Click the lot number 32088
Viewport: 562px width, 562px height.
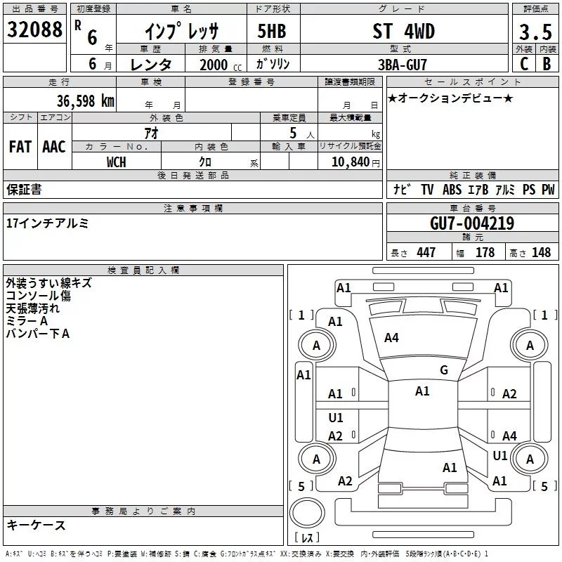tap(34, 31)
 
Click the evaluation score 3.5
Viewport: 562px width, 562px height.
tap(535, 32)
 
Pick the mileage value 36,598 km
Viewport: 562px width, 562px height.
tap(85, 101)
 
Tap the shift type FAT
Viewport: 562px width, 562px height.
tap(20, 146)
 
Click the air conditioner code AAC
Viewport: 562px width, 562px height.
tap(54, 146)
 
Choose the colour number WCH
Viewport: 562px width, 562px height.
tap(117, 162)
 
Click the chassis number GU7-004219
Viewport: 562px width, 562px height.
tap(471, 223)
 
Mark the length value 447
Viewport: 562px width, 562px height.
tap(426, 253)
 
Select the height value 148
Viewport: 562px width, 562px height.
tap(541, 253)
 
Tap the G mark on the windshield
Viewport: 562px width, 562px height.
tap(444, 370)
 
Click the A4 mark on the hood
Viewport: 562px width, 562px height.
tap(391, 338)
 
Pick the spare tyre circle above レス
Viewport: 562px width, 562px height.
tap(306, 513)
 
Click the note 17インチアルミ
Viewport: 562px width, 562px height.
tap(47, 223)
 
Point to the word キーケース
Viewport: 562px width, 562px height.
tap(36, 525)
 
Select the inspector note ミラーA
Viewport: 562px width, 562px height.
tap(26, 320)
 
